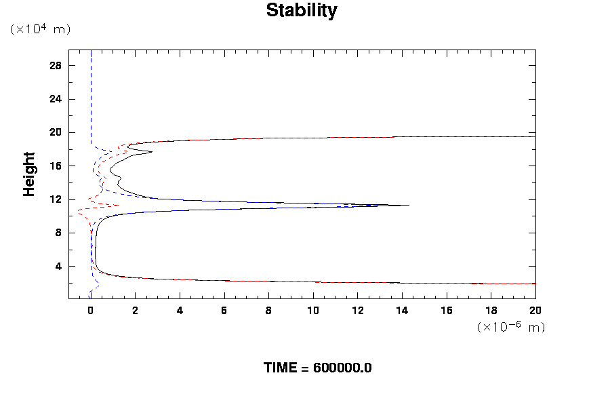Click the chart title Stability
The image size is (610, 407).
301,11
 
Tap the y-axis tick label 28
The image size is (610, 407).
56,65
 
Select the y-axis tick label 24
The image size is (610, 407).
56,99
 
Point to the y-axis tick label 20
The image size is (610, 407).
56,132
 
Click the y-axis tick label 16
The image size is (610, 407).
56,166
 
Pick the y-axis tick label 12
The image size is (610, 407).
56,199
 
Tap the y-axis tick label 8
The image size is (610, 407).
58,233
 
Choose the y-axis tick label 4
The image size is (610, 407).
58,267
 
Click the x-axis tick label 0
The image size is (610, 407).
90,310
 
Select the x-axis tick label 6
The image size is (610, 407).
224,310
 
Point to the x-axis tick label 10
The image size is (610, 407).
313,310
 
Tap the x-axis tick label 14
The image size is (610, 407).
403,310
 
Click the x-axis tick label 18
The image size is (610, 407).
491,310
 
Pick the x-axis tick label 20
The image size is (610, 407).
535,310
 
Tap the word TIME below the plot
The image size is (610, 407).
281,368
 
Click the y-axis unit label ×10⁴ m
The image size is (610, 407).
40,29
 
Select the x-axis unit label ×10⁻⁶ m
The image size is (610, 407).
511,327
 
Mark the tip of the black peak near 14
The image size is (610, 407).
409,205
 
